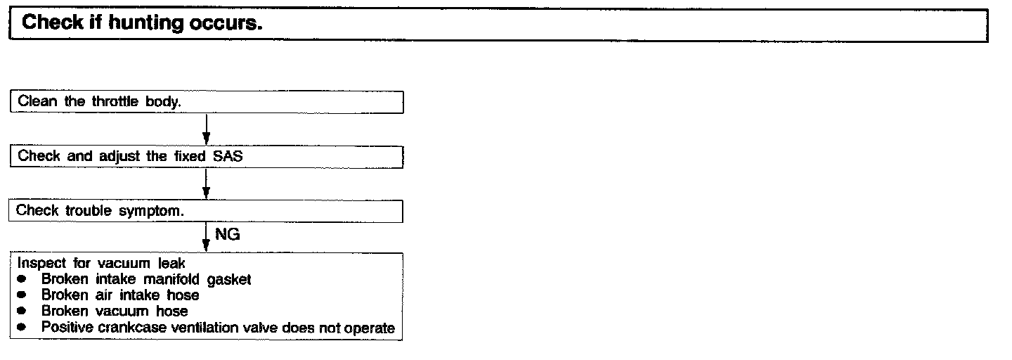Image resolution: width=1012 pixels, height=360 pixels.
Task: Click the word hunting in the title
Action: (147, 23)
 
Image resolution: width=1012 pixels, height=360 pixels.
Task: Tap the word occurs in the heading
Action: (226, 23)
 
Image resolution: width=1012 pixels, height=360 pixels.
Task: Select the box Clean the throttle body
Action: (207, 101)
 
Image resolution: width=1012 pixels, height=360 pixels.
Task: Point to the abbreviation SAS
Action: (228, 156)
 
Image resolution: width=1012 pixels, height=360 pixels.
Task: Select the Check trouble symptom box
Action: (207, 211)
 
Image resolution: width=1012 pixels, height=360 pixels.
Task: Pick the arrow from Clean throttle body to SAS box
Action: (206, 129)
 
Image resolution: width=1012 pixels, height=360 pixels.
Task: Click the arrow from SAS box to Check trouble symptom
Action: (206, 184)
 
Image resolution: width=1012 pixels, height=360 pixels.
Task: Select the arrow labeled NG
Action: (206, 236)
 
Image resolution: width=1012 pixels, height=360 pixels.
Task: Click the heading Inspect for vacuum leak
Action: (101, 264)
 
